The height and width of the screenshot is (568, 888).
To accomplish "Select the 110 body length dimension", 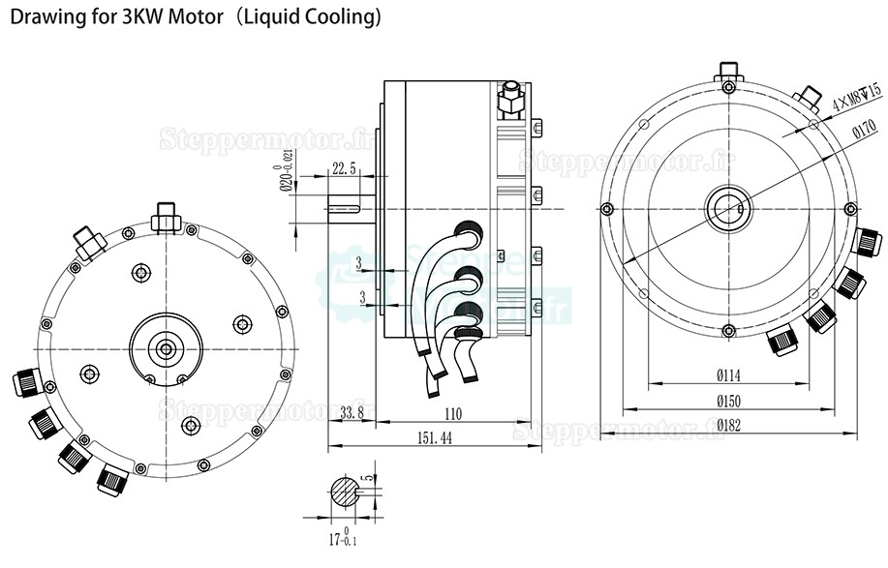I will (452, 414).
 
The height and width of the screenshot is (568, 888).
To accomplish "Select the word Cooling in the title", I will (334, 17).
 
